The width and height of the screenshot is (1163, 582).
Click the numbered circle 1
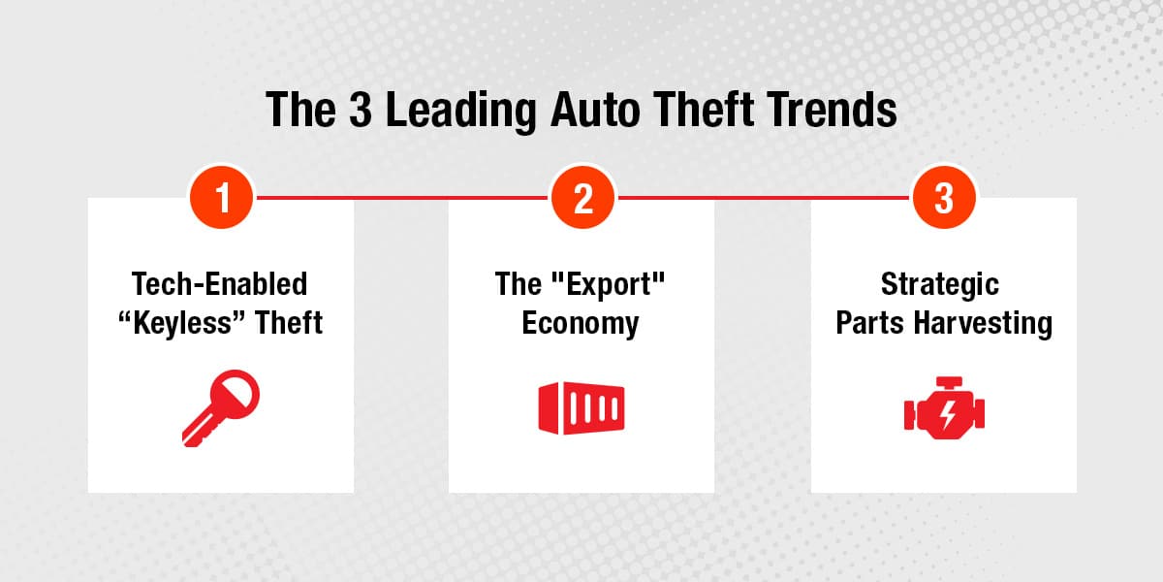tap(221, 198)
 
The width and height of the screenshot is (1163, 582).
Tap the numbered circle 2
tap(582, 198)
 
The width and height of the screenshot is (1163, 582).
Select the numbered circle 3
tap(944, 198)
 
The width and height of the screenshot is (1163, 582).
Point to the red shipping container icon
tap(581, 408)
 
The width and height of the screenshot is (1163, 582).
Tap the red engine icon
tap(944, 407)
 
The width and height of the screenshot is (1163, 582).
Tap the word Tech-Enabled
tap(219, 284)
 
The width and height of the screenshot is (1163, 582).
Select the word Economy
tap(581, 322)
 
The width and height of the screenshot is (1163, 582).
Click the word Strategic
tap(940, 284)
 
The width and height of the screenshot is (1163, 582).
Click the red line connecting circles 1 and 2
tap(401, 198)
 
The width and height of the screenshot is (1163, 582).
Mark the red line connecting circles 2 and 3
tap(764, 198)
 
